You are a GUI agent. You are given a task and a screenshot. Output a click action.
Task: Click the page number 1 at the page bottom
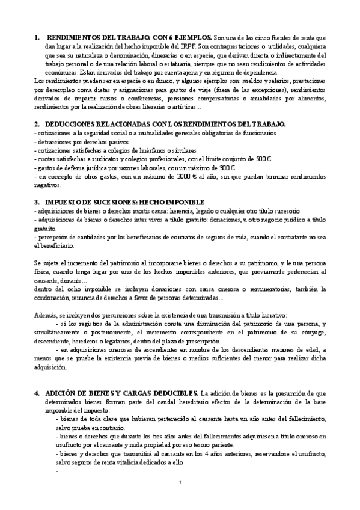[x=180, y=483]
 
